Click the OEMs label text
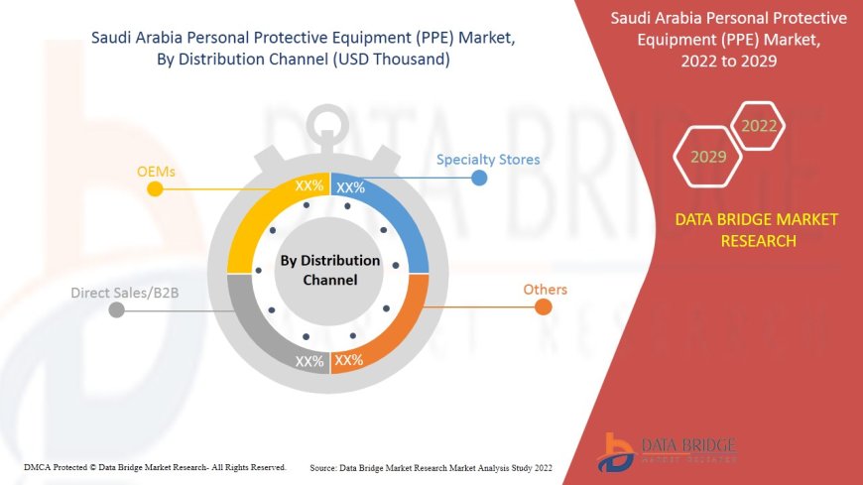[x=156, y=172]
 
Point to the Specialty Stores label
[x=488, y=159]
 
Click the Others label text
[x=545, y=290]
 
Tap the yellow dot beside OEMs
[x=154, y=188]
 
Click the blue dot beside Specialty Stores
[x=479, y=178]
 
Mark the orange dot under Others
[x=543, y=306]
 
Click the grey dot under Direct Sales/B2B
[x=117, y=309]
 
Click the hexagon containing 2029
[x=708, y=157]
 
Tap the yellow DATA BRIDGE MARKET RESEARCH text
[x=757, y=229]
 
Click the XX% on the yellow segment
[x=308, y=185]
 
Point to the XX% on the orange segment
[x=349, y=360]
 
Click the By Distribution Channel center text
[x=329, y=270]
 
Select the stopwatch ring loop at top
[x=329, y=124]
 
